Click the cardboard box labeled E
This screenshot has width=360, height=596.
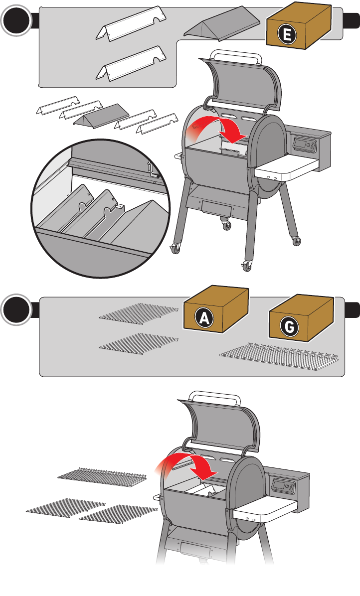click(x=299, y=26)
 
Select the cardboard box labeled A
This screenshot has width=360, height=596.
click(x=215, y=309)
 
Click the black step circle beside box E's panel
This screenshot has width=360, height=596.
click(x=16, y=21)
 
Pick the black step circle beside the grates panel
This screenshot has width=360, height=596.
click(x=16, y=310)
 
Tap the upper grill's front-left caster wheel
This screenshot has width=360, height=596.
click(x=176, y=249)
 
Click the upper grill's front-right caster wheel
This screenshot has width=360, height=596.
click(x=247, y=266)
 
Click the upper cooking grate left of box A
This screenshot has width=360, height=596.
click(x=139, y=312)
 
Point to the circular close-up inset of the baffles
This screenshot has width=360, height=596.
click(x=101, y=208)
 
